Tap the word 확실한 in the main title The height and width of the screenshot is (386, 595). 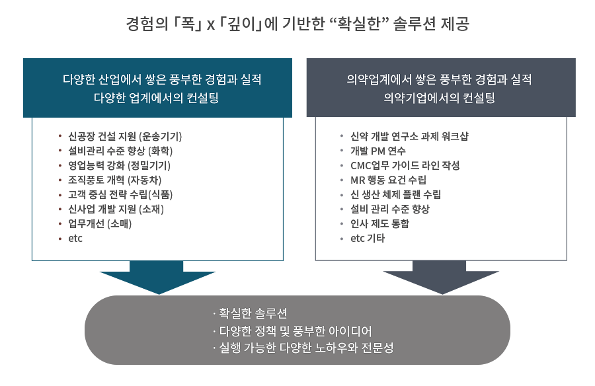[x=358, y=24]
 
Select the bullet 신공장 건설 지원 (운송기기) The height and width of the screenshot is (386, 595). [x=125, y=136]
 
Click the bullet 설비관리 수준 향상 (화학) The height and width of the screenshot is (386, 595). [x=120, y=151]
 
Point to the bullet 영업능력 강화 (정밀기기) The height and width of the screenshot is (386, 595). [x=119, y=165]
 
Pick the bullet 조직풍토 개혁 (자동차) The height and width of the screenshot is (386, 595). [x=114, y=180]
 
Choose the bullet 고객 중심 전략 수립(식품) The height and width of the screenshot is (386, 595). [x=120, y=195]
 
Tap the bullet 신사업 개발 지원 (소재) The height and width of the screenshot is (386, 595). [x=116, y=209]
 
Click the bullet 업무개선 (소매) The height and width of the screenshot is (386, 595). [x=100, y=223]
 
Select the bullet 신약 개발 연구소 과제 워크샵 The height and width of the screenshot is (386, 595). [x=409, y=136]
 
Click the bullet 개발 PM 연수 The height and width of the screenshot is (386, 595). [x=378, y=151]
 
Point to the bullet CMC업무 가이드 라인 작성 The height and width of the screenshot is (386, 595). [x=405, y=165]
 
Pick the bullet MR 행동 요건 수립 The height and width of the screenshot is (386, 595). [x=388, y=180]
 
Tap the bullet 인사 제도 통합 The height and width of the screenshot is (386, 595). [x=379, y=223]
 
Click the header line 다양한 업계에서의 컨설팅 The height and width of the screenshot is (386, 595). [x=156, y=98]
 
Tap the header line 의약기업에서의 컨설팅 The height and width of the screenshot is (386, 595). [x=439, y=98]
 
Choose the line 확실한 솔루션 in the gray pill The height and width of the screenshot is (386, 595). [x=253, y=313]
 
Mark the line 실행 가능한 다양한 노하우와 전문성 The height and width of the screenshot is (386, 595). [x=306, y=348]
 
